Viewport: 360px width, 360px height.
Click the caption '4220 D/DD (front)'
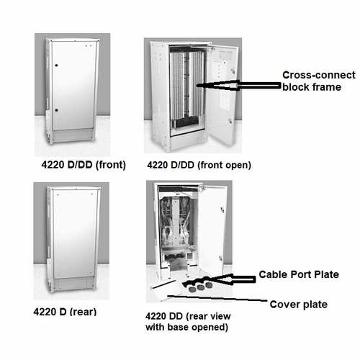[x=84, y=165]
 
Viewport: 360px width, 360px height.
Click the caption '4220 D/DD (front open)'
[x=199, y=165]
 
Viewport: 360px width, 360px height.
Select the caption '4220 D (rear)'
[x=65, y=312]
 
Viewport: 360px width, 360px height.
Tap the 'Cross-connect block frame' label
[x=319, y=81]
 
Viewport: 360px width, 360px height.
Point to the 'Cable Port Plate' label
[x=299, y=274]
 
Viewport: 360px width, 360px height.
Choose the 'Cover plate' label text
[x=299, y=305]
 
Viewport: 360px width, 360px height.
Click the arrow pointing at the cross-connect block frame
[x=239, y=86]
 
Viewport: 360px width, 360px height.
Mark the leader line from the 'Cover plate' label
[x=217, y=298]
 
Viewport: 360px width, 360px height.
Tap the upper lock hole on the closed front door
[x=56, y=66]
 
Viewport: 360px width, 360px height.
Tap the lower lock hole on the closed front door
[x=56, y=110]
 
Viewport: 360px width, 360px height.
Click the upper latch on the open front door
[x=232, y=71]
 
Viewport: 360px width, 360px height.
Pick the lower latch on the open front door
[x=230, y=120]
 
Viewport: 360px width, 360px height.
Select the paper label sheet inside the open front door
[x=219, y=70]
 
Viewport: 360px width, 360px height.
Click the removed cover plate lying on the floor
[x=166, y=289]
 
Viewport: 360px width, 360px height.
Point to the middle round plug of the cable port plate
[x=199, y=288]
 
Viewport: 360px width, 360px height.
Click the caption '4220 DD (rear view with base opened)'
[x=188, y=322]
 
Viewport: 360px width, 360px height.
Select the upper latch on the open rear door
[x=222, y=210]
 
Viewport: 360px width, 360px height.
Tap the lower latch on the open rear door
[x=220, y=258]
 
